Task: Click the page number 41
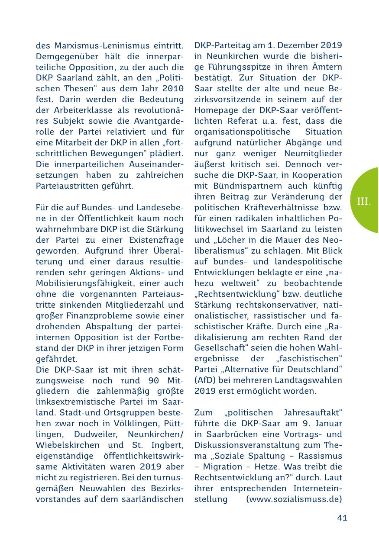[x=342, y=518]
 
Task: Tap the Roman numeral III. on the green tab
[x=364, y=201]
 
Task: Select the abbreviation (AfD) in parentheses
[x=206, y=380]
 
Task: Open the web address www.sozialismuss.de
[x=294, y=499]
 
